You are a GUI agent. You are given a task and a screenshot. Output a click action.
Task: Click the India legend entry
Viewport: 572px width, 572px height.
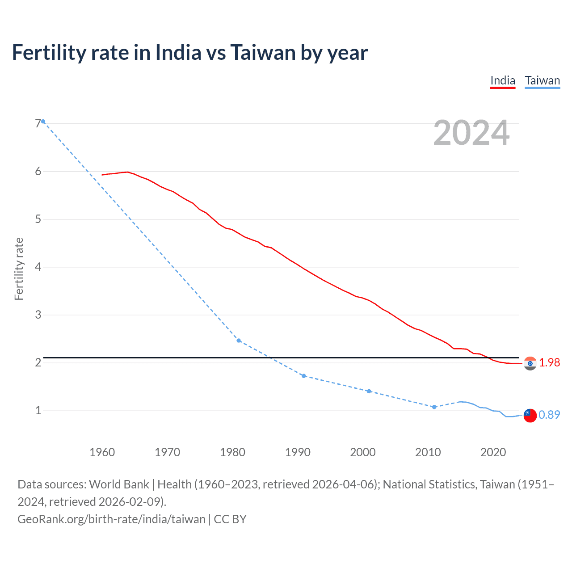[503, 80]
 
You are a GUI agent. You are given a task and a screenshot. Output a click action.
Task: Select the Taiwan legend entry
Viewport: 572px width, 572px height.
[542, 80]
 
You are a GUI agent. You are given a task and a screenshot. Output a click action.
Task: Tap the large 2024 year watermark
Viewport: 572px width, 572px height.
[471, 133]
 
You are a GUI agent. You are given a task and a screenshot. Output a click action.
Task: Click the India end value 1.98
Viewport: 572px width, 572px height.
[549, 362]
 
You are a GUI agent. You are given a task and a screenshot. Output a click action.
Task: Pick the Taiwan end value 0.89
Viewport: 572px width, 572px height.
[549, 415]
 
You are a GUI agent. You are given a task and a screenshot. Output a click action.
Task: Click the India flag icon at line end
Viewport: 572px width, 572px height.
[530, 363]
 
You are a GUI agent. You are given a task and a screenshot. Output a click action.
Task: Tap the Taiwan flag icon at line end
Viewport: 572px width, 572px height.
[530, 415]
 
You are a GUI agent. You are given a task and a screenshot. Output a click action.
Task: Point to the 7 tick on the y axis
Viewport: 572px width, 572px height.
[38, 123]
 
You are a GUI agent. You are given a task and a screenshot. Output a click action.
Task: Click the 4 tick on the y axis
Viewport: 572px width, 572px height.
[38, 267]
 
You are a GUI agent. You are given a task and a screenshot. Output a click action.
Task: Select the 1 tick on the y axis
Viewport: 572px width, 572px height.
[38, 410]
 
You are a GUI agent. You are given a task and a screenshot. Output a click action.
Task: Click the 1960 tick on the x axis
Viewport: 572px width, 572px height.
[102, 452]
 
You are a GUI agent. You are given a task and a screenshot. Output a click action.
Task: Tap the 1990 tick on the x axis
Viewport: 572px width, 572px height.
[298, 452]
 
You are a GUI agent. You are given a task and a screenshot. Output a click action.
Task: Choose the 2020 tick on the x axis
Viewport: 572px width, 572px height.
[493, 452]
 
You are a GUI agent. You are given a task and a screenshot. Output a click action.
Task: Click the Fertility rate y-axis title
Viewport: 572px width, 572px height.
[19, 269]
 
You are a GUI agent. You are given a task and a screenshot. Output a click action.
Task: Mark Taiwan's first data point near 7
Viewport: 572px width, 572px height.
[43, 122]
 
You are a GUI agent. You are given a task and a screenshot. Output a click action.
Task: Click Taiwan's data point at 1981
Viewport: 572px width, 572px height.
[239, 341]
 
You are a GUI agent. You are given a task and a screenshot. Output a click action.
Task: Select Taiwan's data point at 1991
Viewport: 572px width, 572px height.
[304, 376]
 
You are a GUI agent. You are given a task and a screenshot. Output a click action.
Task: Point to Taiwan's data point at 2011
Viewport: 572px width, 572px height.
[434, 407]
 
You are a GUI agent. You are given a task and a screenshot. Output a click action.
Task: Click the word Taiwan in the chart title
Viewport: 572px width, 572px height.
[263, 52]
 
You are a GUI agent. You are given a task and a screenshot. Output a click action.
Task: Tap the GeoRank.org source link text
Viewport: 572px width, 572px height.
[111, 519]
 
